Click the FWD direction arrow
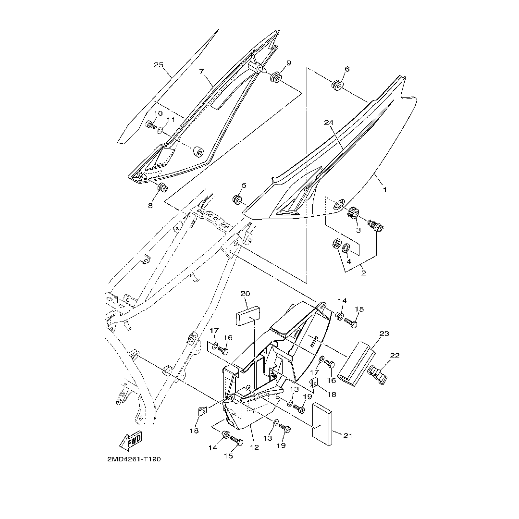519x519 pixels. pos(131,440)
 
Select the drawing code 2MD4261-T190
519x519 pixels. pos(134,459)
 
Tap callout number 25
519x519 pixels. pos(159,65)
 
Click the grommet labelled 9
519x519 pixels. pos(276,77)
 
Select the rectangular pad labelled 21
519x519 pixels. pos(323,421)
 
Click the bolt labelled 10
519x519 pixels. pos(150,125)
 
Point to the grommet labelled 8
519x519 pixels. pos(162,187)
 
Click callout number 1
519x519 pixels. pos(384,190)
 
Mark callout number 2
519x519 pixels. pos(363,273)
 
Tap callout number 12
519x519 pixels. pos(254,447)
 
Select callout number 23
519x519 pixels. pos(384,334)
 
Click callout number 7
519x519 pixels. pos(202,71)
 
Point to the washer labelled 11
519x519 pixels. pos(161,130)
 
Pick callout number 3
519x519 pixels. pos(358,230)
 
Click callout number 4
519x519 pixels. pos(349,261)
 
